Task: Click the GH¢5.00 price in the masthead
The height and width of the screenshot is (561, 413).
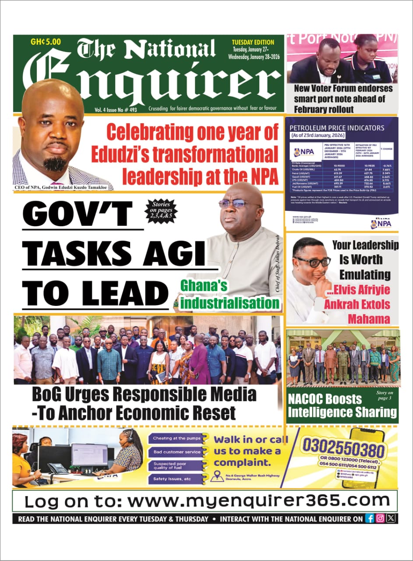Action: coord(46,42)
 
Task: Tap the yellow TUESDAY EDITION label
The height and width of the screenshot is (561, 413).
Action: coord(253,43)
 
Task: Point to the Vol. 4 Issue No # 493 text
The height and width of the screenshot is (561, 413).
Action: coord(116,110)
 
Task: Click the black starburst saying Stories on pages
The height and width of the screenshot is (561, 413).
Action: coord(162,210)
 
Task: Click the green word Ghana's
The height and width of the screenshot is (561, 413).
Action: coord(204,286)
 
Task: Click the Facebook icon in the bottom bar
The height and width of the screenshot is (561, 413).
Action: coord(370,518)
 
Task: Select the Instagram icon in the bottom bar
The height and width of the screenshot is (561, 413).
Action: coord(380,518)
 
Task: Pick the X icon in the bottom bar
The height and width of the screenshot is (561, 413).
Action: coord(391,518)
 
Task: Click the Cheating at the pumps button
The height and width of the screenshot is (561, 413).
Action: coord(176,438)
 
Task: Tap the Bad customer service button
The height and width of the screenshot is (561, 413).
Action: coord(176,451)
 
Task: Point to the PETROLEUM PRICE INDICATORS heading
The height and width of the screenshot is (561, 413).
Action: coord(337,128)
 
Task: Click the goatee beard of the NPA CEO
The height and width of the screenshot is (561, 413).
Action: coord(55,164)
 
